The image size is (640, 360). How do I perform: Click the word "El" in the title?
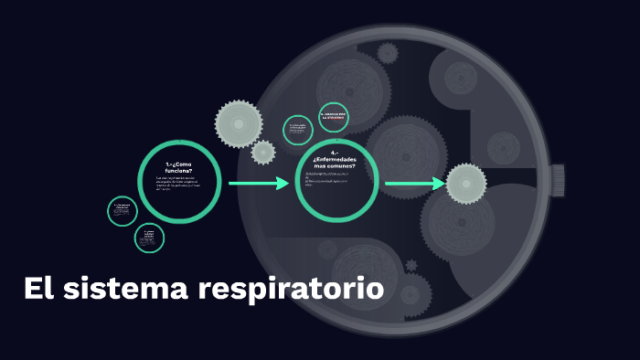[37, 290]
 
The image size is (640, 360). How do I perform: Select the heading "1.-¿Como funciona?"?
[179, 167]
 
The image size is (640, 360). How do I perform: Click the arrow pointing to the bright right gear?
[414, 184]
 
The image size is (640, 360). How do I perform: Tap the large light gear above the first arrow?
[239, 123]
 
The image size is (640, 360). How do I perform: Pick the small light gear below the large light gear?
[263, 153]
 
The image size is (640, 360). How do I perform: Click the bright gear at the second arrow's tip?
[465, 184]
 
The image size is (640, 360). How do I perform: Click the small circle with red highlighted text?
[334, 117]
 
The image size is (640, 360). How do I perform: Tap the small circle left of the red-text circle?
[298, 130]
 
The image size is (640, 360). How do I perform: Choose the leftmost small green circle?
[122, 211]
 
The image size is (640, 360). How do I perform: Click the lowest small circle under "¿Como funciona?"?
[149, 238]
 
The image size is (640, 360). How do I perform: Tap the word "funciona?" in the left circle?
[179, 171]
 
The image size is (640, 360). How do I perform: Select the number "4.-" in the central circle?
[335, 152]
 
